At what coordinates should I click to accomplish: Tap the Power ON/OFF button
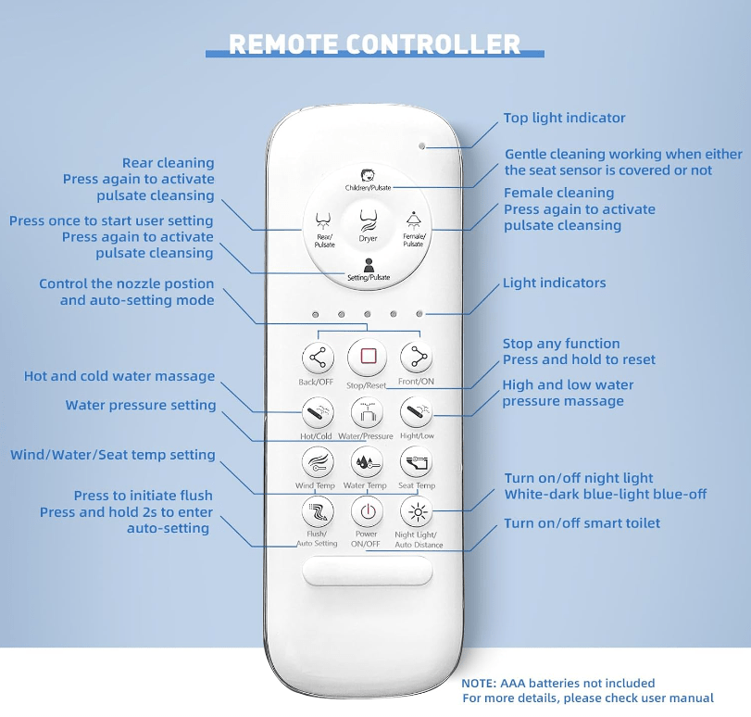[368, 511]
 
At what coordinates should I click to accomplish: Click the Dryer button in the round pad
[368, 222]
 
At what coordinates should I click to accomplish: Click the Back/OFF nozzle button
[318, 358]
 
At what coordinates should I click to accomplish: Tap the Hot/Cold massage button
[318, 410]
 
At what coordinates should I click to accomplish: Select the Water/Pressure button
[367, 410]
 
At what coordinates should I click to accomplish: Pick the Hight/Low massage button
[416, 410]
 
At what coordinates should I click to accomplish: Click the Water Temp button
[367, 462]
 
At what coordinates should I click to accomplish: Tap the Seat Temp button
[416, 462]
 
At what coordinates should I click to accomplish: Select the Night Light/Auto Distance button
[417, 511]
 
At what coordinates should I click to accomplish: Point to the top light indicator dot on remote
[422, 146]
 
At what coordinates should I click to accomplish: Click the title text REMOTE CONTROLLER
[375, 44]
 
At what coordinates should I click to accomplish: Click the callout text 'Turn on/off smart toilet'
[582, 523]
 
